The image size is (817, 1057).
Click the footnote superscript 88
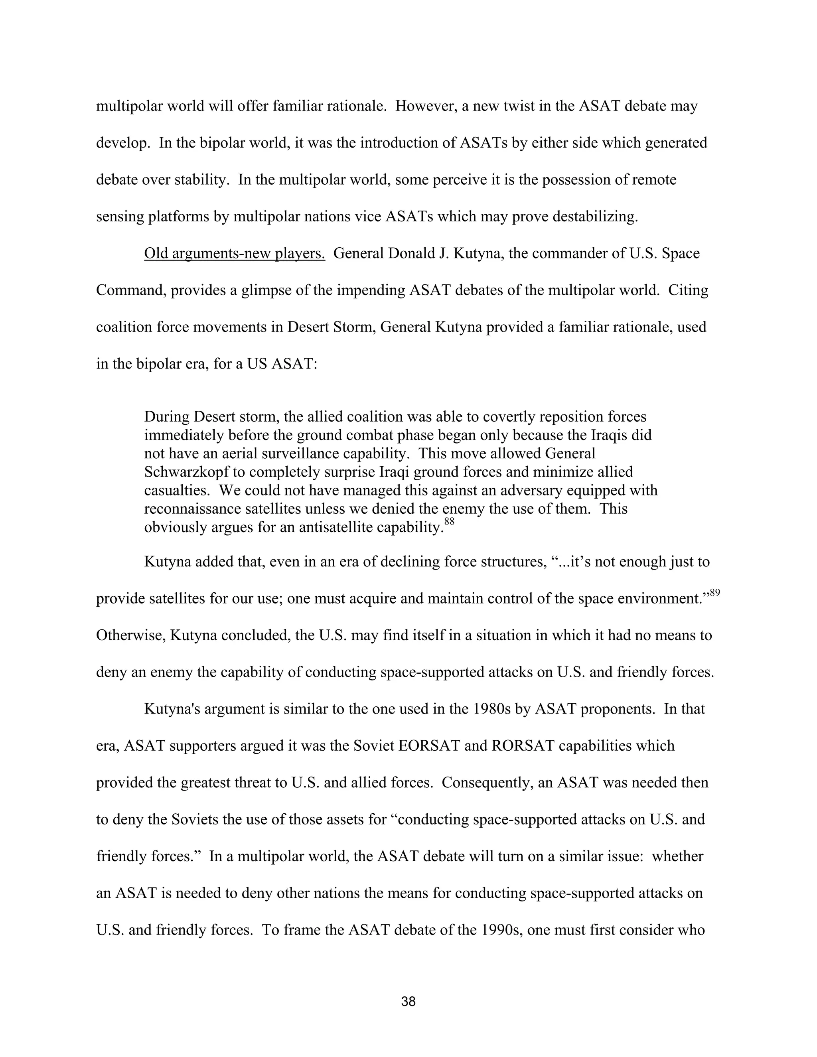[x=449, y=522]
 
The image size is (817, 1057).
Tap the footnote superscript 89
[x=715, y=592]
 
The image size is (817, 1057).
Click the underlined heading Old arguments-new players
[x=234, y=253]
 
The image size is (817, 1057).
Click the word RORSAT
[x=522, y=746]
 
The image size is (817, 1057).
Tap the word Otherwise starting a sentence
[x=131, y=635]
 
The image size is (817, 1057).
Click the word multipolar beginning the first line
[x=129, y=106]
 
